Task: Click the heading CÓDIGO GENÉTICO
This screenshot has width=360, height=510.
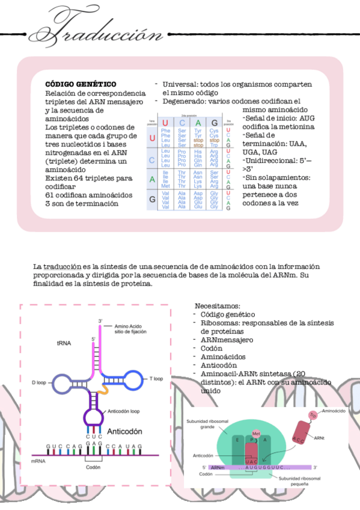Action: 81,84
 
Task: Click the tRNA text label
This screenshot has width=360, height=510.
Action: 64,343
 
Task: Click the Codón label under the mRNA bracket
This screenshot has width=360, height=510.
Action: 93,467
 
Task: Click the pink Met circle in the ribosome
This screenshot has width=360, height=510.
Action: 256,434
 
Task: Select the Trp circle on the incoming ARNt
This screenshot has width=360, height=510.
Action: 313,415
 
